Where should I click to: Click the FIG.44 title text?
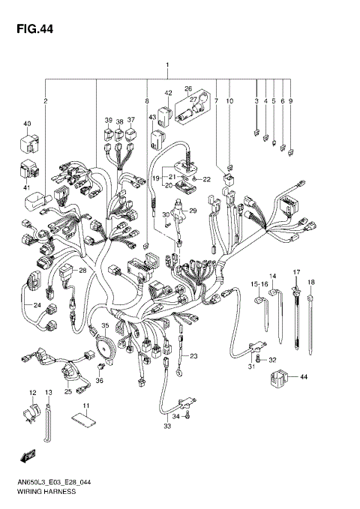pos(32,30)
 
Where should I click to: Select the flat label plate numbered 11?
pos(85,423)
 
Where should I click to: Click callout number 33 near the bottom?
pos(167,427)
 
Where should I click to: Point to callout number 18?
pos(311,282)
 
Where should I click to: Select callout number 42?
pos(168,93)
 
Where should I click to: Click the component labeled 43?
pos(158,138)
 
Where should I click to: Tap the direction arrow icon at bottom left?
pos(28,455)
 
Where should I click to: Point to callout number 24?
pos(35,305)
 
